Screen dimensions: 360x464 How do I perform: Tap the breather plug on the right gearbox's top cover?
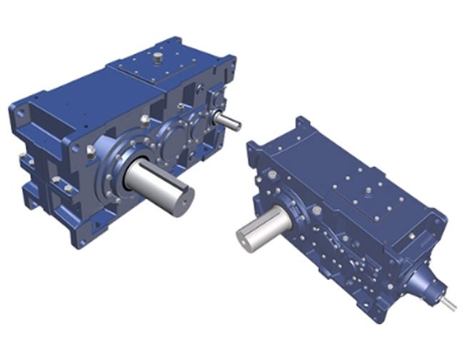coord(366,191)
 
